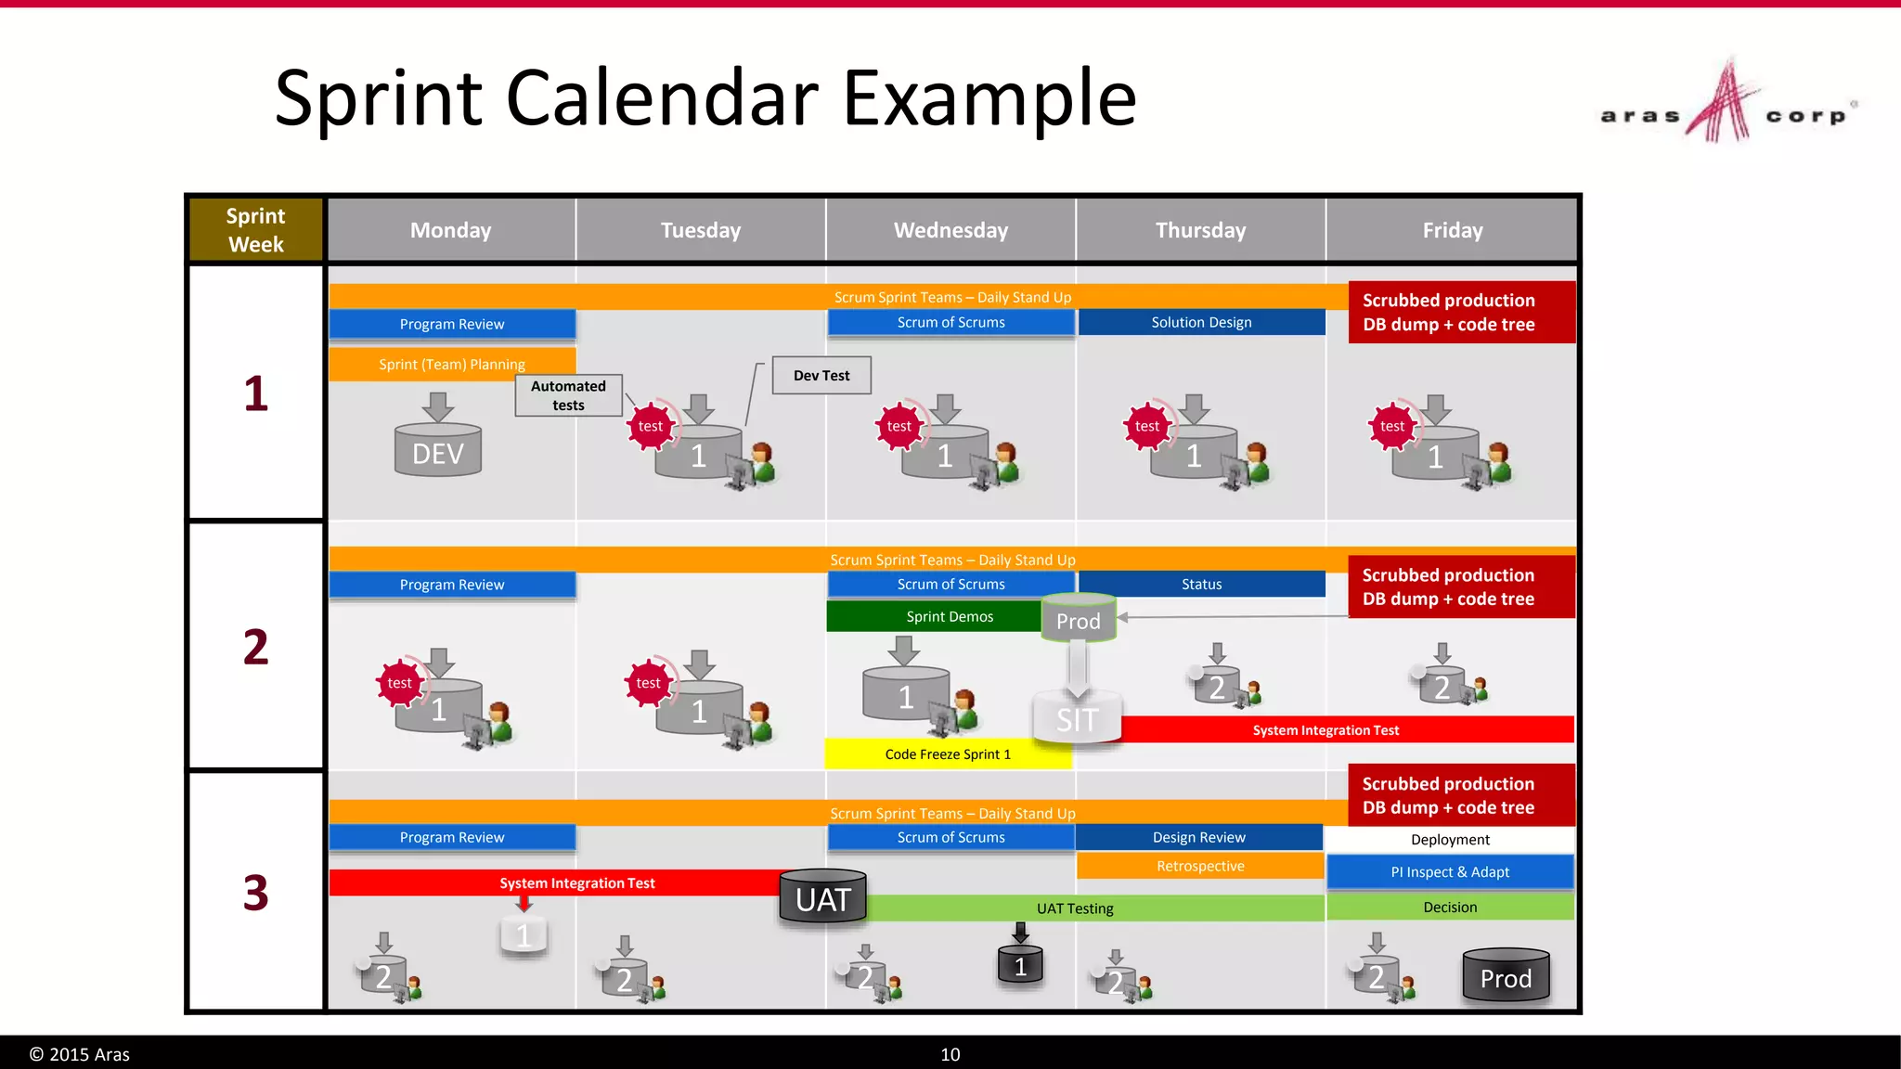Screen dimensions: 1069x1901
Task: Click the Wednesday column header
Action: (x=950, y=230)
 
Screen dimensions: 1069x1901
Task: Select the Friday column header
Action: (x=1452, y=230)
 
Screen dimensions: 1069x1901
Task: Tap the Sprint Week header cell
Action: (x=255, y=230)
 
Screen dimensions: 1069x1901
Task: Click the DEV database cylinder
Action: (x=438, y=451)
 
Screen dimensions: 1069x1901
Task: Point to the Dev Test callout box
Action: (x=821, y=376)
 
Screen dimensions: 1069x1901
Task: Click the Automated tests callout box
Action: (x=568, y=395)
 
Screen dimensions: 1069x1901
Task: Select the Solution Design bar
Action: (x=1201, y=322)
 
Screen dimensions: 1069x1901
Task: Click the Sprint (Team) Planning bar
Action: (x=452, y=364)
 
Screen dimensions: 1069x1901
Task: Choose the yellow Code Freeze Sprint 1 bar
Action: (x=948, y=754)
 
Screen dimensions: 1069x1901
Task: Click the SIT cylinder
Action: (x=1077, y=717)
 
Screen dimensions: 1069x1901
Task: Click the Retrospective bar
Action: (x=1200, y=866)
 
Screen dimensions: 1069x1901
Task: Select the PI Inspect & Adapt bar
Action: (x=1450, y=872)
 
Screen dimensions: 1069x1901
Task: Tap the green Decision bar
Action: (x=1450, y=907)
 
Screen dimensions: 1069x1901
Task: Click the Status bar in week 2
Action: (x=1201, y=584)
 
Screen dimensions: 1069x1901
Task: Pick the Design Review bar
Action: (x=1199, y=837)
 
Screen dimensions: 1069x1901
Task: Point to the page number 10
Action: (x=950, y=1054)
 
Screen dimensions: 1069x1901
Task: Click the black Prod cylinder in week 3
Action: (x=1506, y=977)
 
